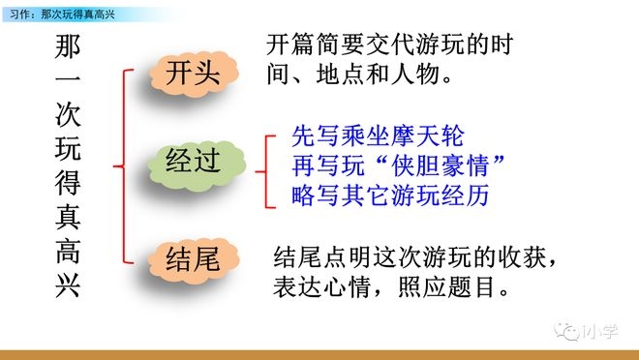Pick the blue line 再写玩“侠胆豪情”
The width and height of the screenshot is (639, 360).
click(x=400, y=166)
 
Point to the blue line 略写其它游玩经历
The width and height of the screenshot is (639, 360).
click(x=389, y=195)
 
